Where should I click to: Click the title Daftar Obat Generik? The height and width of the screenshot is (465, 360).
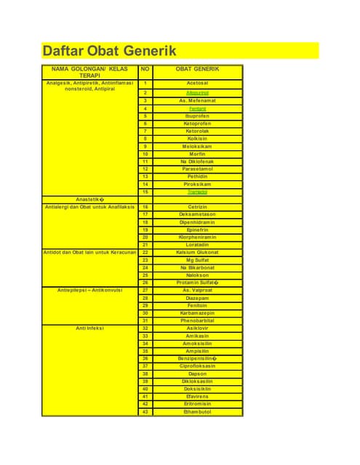[x=110, y=51]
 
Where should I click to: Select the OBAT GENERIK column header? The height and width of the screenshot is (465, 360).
[x=197, y=69]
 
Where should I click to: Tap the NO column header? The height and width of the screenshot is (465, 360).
[x=145, y=69]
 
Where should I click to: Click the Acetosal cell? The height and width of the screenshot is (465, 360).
[x=197, y=84]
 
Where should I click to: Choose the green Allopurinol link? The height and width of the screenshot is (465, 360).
[x=197, y=92]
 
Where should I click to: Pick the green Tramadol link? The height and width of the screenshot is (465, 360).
[x=197, y=192]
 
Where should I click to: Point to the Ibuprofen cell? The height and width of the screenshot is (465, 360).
[x=197, y=116]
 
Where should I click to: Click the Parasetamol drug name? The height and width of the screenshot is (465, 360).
[x=197, y=169]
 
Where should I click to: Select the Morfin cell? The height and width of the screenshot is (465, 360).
[x=197, y=153]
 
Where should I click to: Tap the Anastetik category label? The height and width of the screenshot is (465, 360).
[x=91, y=199]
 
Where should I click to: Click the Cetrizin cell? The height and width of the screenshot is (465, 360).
[x=197, y=207]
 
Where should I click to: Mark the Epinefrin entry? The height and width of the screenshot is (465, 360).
[x=197, y=230]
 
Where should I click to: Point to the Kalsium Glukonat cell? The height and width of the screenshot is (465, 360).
[x=197, y=252]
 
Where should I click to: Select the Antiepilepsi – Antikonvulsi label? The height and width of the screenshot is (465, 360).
[x=90, y=290]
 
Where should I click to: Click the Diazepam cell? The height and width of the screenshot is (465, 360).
[x=197, y=298]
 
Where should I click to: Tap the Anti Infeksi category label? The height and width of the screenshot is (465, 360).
[x=90, y=328]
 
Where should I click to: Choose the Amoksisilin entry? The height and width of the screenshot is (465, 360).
[x=197, y=344]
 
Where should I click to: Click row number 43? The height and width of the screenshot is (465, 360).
[x=145, y=412]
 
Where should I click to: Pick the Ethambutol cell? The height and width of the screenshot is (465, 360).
[x=197, y=412]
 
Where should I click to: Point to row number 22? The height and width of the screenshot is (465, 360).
[x=145, y=252]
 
